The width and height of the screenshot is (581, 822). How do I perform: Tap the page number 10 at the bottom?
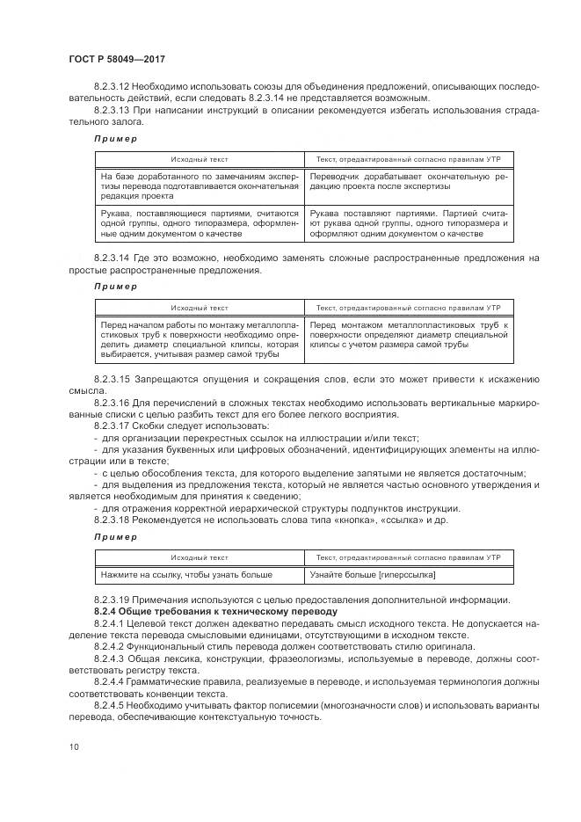(73, 746)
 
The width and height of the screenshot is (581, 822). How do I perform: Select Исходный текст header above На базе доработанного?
(200, 159)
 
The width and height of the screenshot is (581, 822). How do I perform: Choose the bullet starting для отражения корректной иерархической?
(280, 508)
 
